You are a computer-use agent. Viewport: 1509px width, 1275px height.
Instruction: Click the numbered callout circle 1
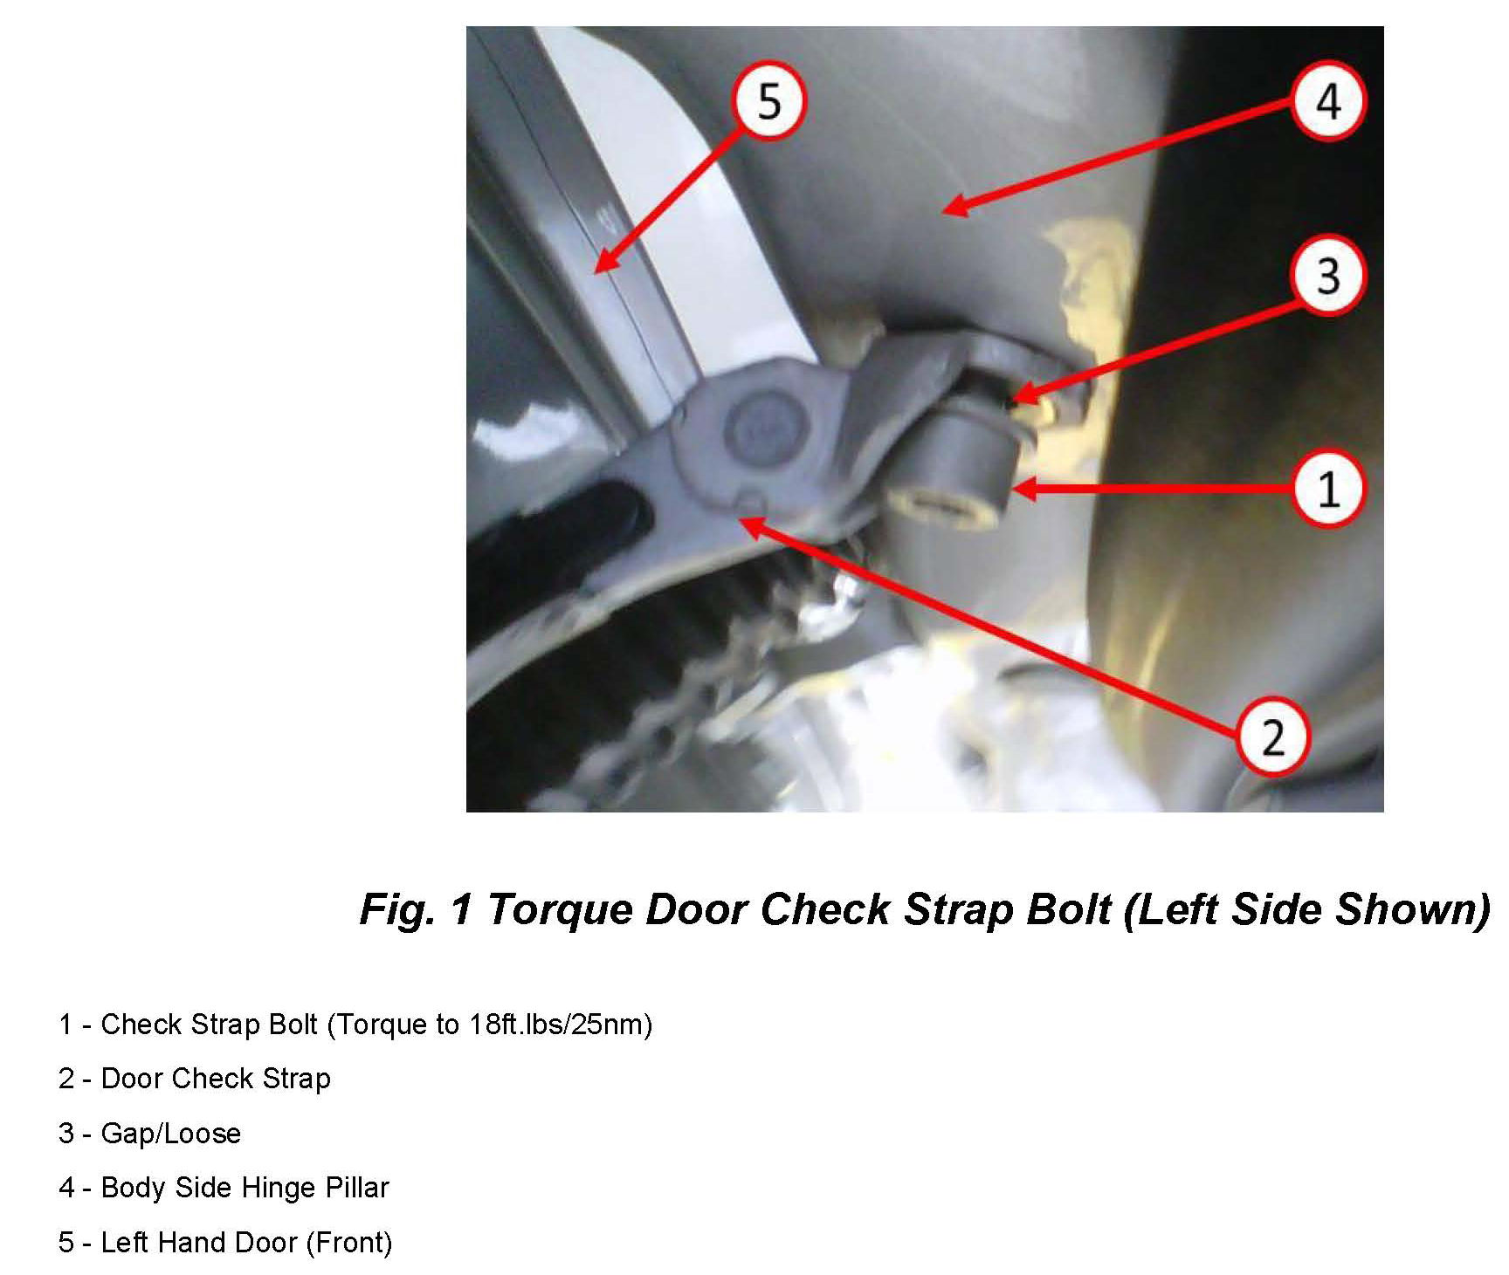tap(1328, 489)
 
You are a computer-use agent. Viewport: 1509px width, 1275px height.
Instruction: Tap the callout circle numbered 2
tap(1273, 737)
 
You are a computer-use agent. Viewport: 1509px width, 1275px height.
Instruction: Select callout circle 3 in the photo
tap(1327, 276)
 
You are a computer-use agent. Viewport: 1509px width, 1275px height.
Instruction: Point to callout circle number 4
tap(1328, 101)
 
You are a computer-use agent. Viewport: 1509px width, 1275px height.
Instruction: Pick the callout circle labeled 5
tap(768, 101)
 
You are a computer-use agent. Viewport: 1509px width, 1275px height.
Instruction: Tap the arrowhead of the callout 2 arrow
tap(741, 520)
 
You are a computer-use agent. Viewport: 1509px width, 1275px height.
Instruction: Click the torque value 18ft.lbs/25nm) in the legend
tap(560, 1025)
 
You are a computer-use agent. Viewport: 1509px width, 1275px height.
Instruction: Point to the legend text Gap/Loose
tap(171, 1134)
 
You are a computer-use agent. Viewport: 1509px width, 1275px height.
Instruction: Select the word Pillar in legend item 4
tap(357, 1188)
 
